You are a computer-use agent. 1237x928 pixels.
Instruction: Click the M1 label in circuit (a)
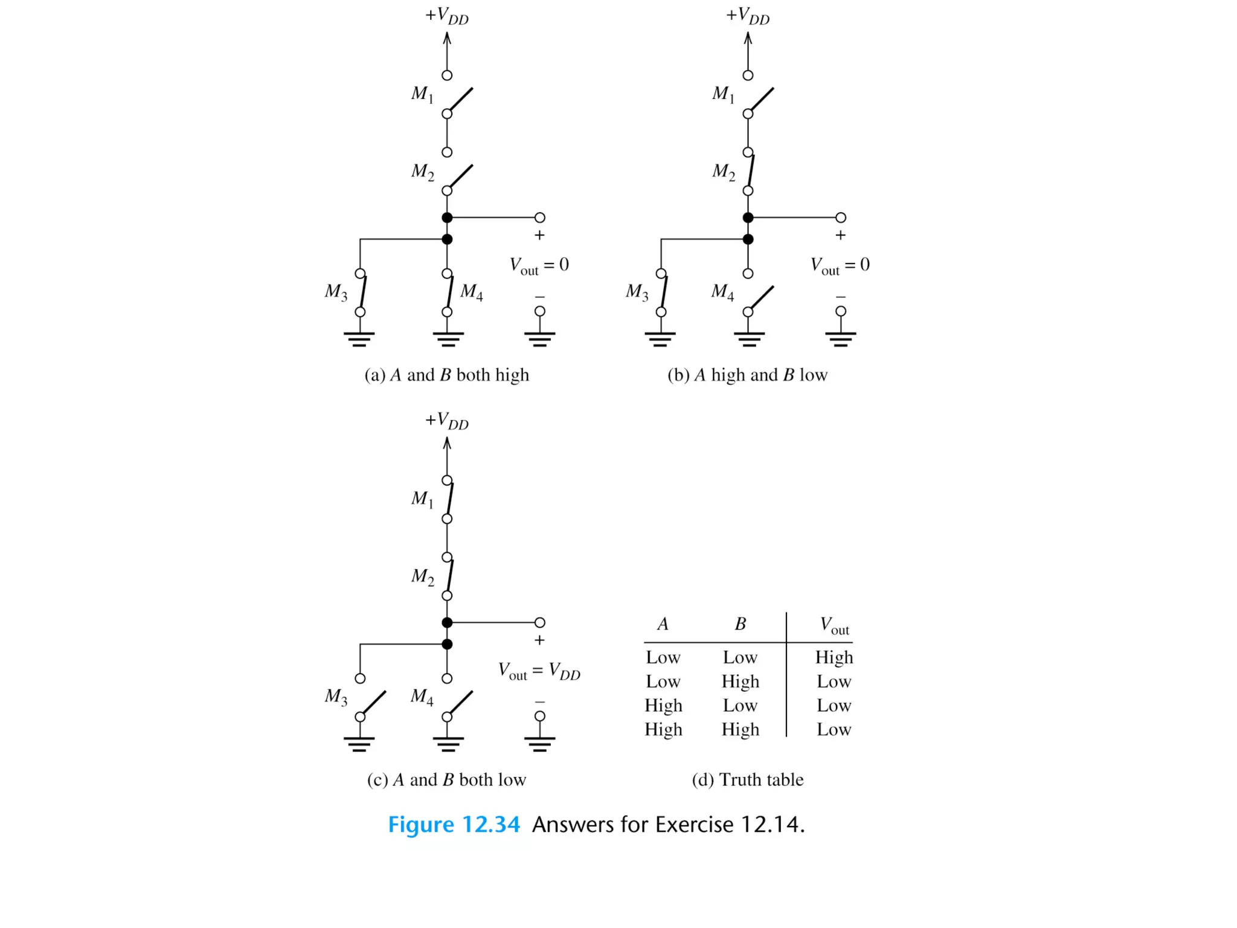point(422,94)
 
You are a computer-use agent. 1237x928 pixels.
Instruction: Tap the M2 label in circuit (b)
point(723,172)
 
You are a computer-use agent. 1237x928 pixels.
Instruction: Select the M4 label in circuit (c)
point(422,697)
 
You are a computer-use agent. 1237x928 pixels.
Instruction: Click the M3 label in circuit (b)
point(637,292)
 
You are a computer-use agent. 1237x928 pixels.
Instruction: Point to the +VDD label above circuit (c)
point(447,420)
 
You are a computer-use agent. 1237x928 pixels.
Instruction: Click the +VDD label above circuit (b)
point(748,16)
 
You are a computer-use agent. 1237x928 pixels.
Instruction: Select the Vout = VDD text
point(539,671)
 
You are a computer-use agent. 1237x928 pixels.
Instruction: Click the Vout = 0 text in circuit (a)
point(539,265)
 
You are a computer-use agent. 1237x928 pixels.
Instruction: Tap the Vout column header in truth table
point(834,625)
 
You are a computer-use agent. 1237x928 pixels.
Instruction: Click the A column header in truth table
point(663,624)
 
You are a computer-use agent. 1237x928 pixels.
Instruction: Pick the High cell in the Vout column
point(834,657)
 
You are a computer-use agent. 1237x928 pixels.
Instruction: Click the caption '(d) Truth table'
point(747,780)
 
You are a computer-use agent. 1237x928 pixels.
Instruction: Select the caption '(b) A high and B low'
point(747,375)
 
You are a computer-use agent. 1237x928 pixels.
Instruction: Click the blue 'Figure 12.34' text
point(454,825)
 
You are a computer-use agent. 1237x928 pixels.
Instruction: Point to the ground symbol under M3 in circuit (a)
point(359,338)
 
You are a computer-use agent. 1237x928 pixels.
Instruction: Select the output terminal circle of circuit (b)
point(840,217)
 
